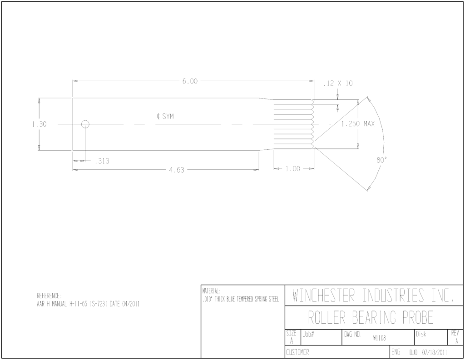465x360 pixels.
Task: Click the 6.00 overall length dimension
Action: click(190, 81)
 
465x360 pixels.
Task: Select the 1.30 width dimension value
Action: click(40, 124)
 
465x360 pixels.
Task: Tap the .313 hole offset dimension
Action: click(102, 161)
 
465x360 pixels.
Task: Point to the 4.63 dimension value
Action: click(177, 170)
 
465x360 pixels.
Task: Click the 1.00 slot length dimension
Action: click(293, 169)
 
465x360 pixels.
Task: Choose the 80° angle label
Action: click(381, 160)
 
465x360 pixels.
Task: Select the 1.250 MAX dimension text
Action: click(358, 124)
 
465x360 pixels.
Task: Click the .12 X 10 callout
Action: click(338, 84)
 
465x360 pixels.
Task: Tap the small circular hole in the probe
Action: click(85, 124)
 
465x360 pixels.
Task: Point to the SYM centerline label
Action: click(168, 116)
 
